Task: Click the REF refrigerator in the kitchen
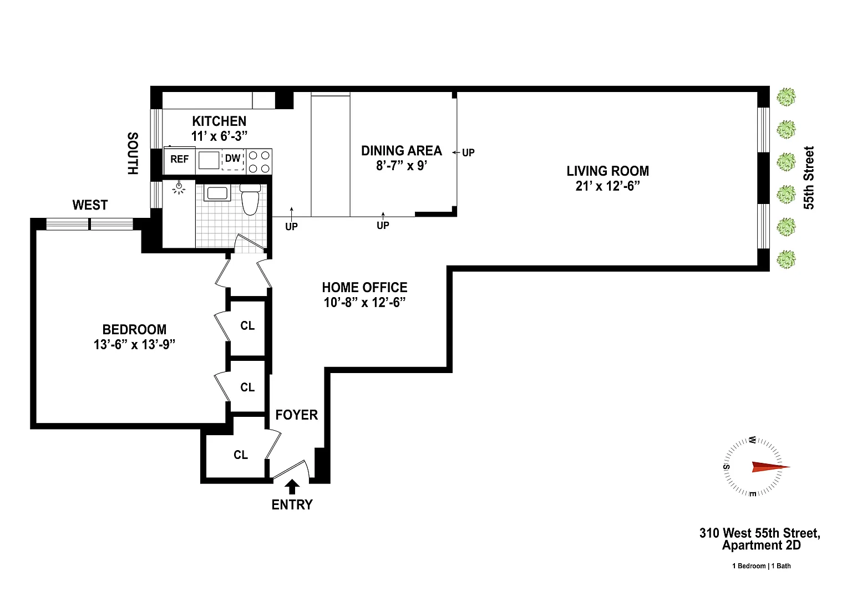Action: [180, 159]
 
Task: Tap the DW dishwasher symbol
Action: [233, 159]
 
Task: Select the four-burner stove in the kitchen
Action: [260, 161]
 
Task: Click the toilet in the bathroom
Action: [250, 200]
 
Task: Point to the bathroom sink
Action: [217, 193]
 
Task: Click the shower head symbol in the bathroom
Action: [179, 188]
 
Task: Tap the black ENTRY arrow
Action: [292, 487]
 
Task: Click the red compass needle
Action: [771, 467]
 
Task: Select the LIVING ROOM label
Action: [608, 171]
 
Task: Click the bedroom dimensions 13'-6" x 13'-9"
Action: [135, 344]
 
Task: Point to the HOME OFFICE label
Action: [365, 287]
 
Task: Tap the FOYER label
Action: [297, 415]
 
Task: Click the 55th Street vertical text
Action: [809, 178]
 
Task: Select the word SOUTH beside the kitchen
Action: [133, 154]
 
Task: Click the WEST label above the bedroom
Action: [90, 205]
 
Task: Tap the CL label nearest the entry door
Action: [241, 455]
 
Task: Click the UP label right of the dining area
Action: [468, 153]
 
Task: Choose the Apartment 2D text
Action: [762, 545]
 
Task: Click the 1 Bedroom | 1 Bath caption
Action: [762, 566]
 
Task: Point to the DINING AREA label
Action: [402, 151]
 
